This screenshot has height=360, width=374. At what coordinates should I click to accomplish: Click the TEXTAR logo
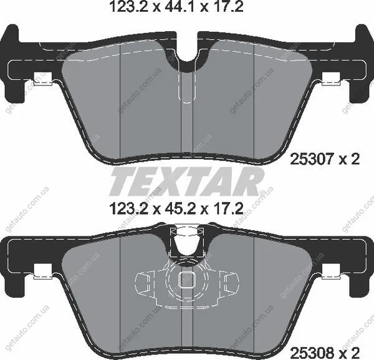tap(187, 182)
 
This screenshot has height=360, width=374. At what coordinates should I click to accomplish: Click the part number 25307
tap(311, 159)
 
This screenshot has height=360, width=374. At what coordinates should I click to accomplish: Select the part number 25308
tap(311, 352)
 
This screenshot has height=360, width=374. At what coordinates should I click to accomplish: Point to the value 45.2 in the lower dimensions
tap(180, 208)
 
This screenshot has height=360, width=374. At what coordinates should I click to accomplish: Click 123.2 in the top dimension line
tap(129, 6)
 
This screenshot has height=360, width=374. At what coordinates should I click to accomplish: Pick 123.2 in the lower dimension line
tap(129, 208)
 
